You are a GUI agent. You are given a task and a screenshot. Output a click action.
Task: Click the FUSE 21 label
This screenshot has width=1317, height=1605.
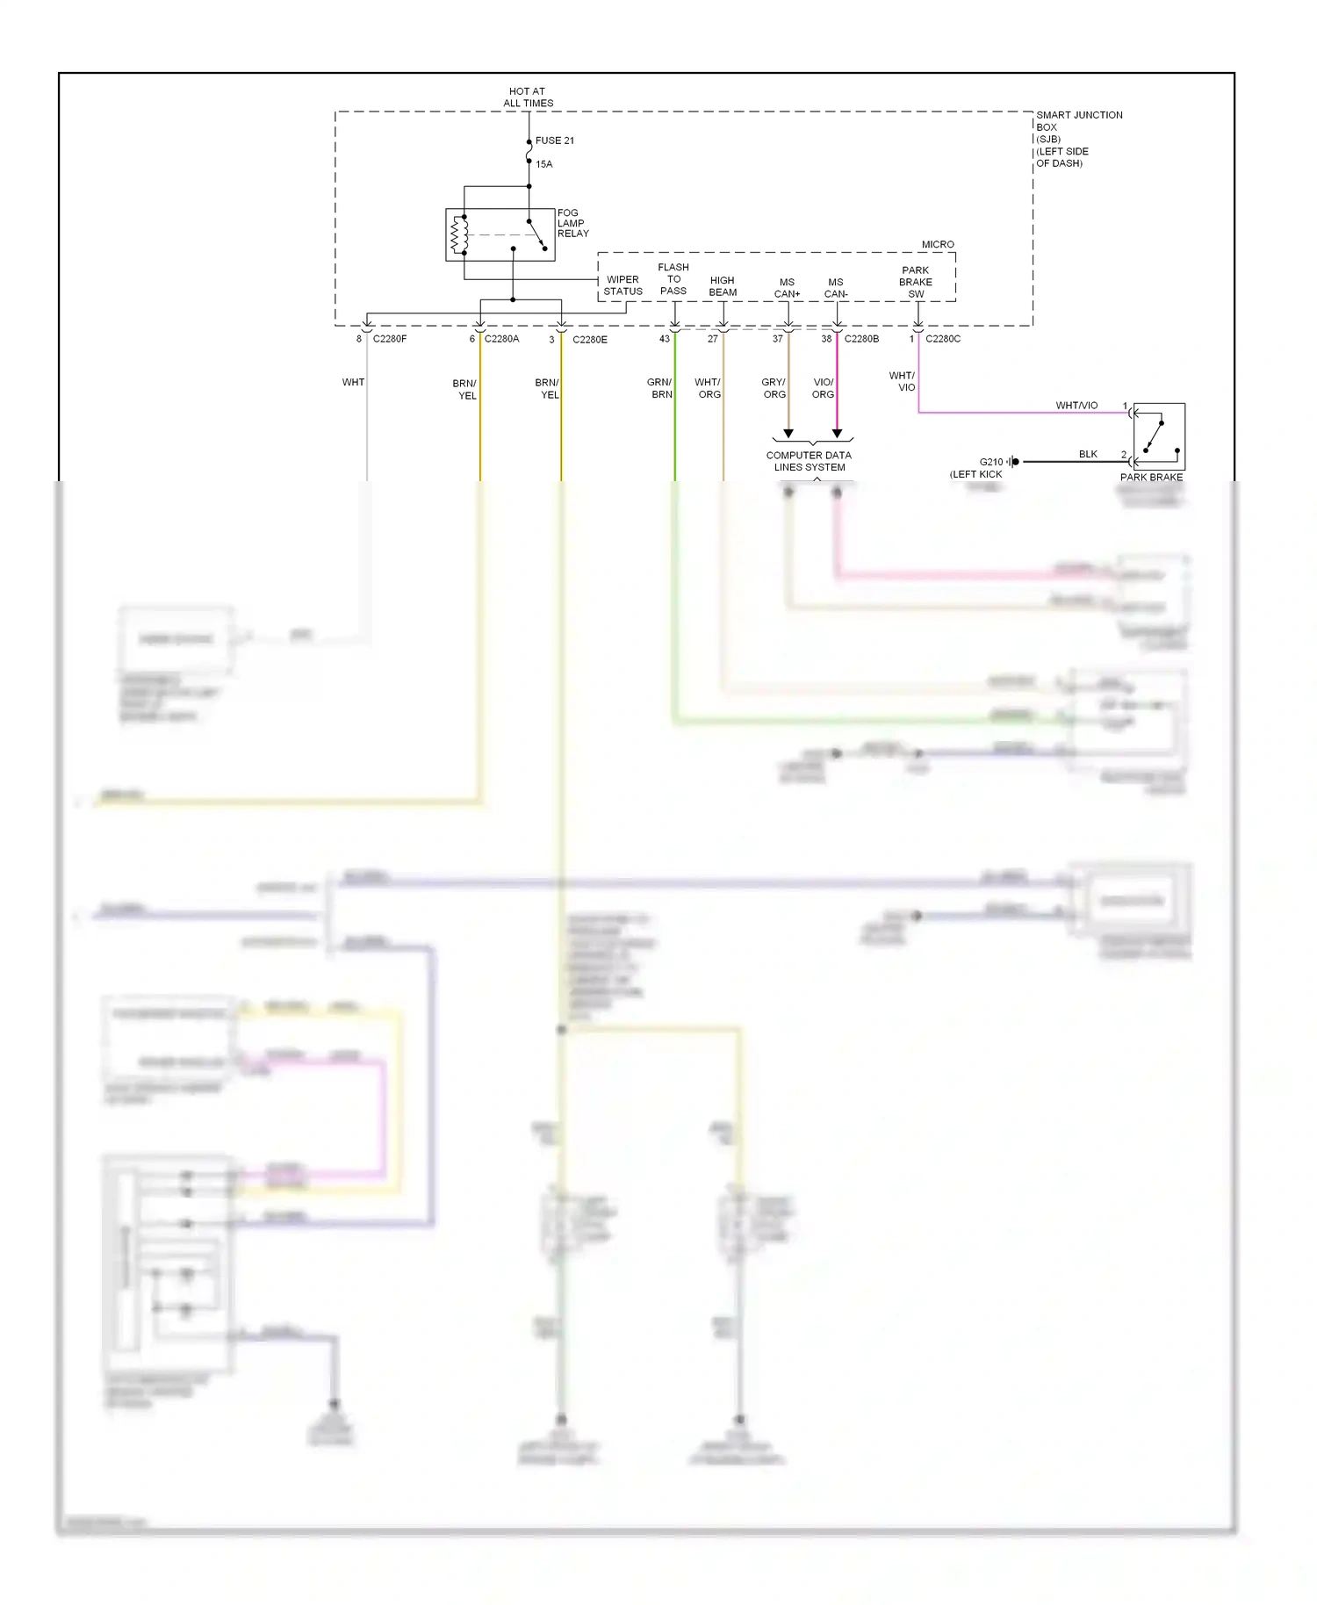click(x=554, y=140)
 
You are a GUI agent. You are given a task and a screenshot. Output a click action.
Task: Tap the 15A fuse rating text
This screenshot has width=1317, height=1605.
click(x=544, y=164)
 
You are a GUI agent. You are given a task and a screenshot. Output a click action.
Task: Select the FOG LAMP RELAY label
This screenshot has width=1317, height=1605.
click(x=572, y=223)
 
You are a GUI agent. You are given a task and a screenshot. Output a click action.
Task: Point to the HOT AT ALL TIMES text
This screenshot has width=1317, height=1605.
click(x=528, y=97)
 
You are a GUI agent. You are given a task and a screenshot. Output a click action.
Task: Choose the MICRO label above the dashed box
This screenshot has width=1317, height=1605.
click(x=938, y=244)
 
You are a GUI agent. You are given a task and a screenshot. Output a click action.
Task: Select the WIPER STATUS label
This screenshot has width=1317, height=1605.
click(x=623, y=285)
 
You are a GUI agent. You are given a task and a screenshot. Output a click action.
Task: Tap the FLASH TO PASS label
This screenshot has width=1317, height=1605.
click(x=673, y=279)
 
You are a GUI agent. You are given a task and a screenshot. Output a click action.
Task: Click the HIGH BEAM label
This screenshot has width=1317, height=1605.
click(x=723, y=286)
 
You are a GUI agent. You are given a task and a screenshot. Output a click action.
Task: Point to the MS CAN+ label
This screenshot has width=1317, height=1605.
click(x=787, y=288)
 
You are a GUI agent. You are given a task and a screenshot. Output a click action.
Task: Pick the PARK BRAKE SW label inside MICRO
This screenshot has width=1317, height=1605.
click(x=916, y=282)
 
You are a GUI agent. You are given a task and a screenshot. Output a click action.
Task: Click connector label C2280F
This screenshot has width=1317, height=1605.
click(x=390, y=339)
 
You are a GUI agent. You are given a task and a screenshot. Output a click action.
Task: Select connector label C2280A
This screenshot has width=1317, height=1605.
click(x=501, y=339)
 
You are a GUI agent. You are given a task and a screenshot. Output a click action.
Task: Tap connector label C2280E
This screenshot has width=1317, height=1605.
click(x=590, y=340)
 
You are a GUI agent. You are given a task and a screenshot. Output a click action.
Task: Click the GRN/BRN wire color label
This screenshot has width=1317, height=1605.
click(x=659, y=388)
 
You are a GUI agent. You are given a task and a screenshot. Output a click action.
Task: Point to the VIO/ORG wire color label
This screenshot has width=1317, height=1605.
click(x=823, y=388)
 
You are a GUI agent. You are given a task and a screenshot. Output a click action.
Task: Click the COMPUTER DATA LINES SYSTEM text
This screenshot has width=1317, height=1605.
click(x=809, y=461)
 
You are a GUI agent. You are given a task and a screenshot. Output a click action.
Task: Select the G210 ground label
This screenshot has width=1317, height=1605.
click(x=991, y=462)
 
